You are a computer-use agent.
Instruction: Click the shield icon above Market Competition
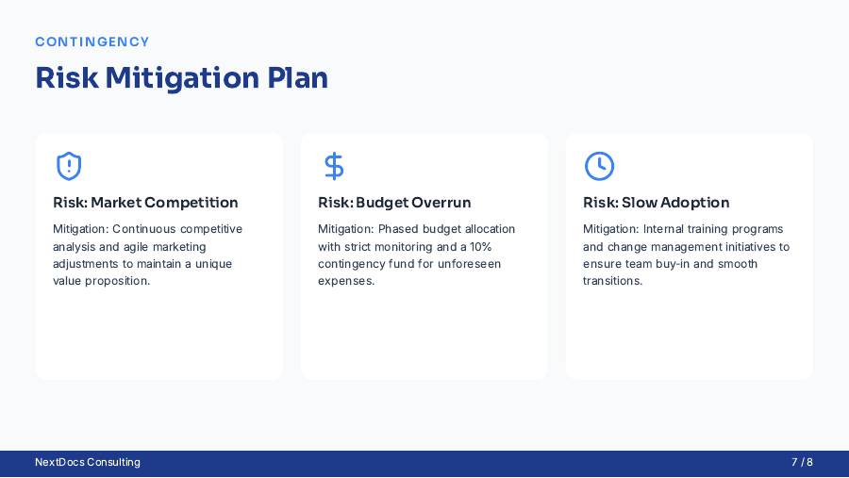click(69, 166)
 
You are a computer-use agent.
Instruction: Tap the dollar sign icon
click(334, 166)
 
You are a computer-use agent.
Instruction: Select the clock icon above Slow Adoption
click(599, 166)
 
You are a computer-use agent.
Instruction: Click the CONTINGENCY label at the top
click(92, 41)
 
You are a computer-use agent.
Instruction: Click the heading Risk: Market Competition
click(145, 203)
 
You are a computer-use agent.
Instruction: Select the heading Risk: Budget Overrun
click(394, 203)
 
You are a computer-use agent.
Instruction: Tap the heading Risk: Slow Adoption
click(657, 203)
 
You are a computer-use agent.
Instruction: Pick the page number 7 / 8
click(802, 462)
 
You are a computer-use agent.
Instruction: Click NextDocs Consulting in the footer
click(88, 462)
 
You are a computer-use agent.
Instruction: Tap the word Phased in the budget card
click(398, 229)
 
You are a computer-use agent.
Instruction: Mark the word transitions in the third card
click(612, 281)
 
